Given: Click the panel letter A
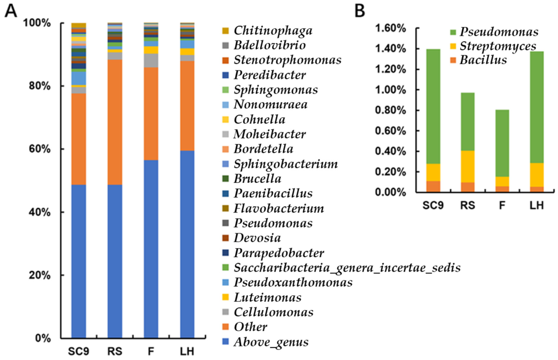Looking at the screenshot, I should [x=11, y=11].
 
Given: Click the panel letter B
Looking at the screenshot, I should [x=360, y=11].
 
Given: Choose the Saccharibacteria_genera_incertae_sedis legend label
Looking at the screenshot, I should [x=347, y=268].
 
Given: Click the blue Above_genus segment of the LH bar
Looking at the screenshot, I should [x=187, y=244].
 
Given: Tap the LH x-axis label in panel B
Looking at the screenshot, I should [x=536, y=206].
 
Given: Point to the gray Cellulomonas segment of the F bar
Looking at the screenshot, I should [x=151, y=61].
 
